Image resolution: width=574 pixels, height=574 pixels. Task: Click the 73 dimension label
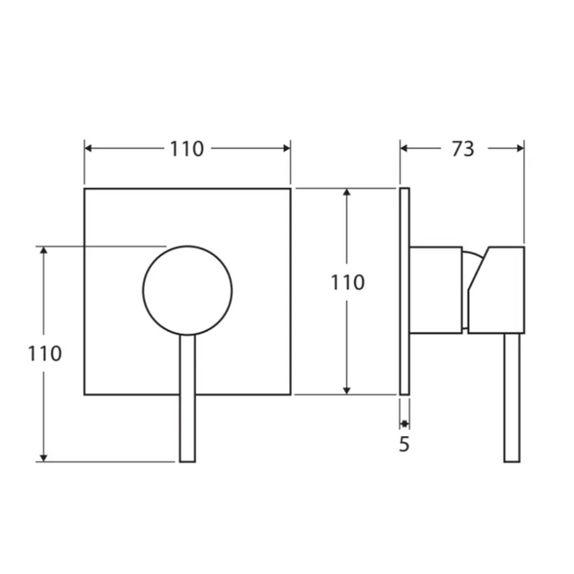(463, 150)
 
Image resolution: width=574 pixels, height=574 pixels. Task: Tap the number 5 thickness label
(404, 445)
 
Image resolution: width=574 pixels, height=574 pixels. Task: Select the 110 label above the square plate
(187, 150)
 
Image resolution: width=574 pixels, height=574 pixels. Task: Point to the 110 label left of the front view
(44, 353)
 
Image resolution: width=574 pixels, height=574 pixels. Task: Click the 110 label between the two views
(347, 283)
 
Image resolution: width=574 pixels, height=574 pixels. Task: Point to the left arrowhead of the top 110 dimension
(89, 150)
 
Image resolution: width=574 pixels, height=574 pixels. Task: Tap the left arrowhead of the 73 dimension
(405, 150)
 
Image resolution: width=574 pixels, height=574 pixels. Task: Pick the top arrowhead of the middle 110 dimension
(347, 193)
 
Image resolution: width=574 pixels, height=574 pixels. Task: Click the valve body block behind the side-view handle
(436, 289)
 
